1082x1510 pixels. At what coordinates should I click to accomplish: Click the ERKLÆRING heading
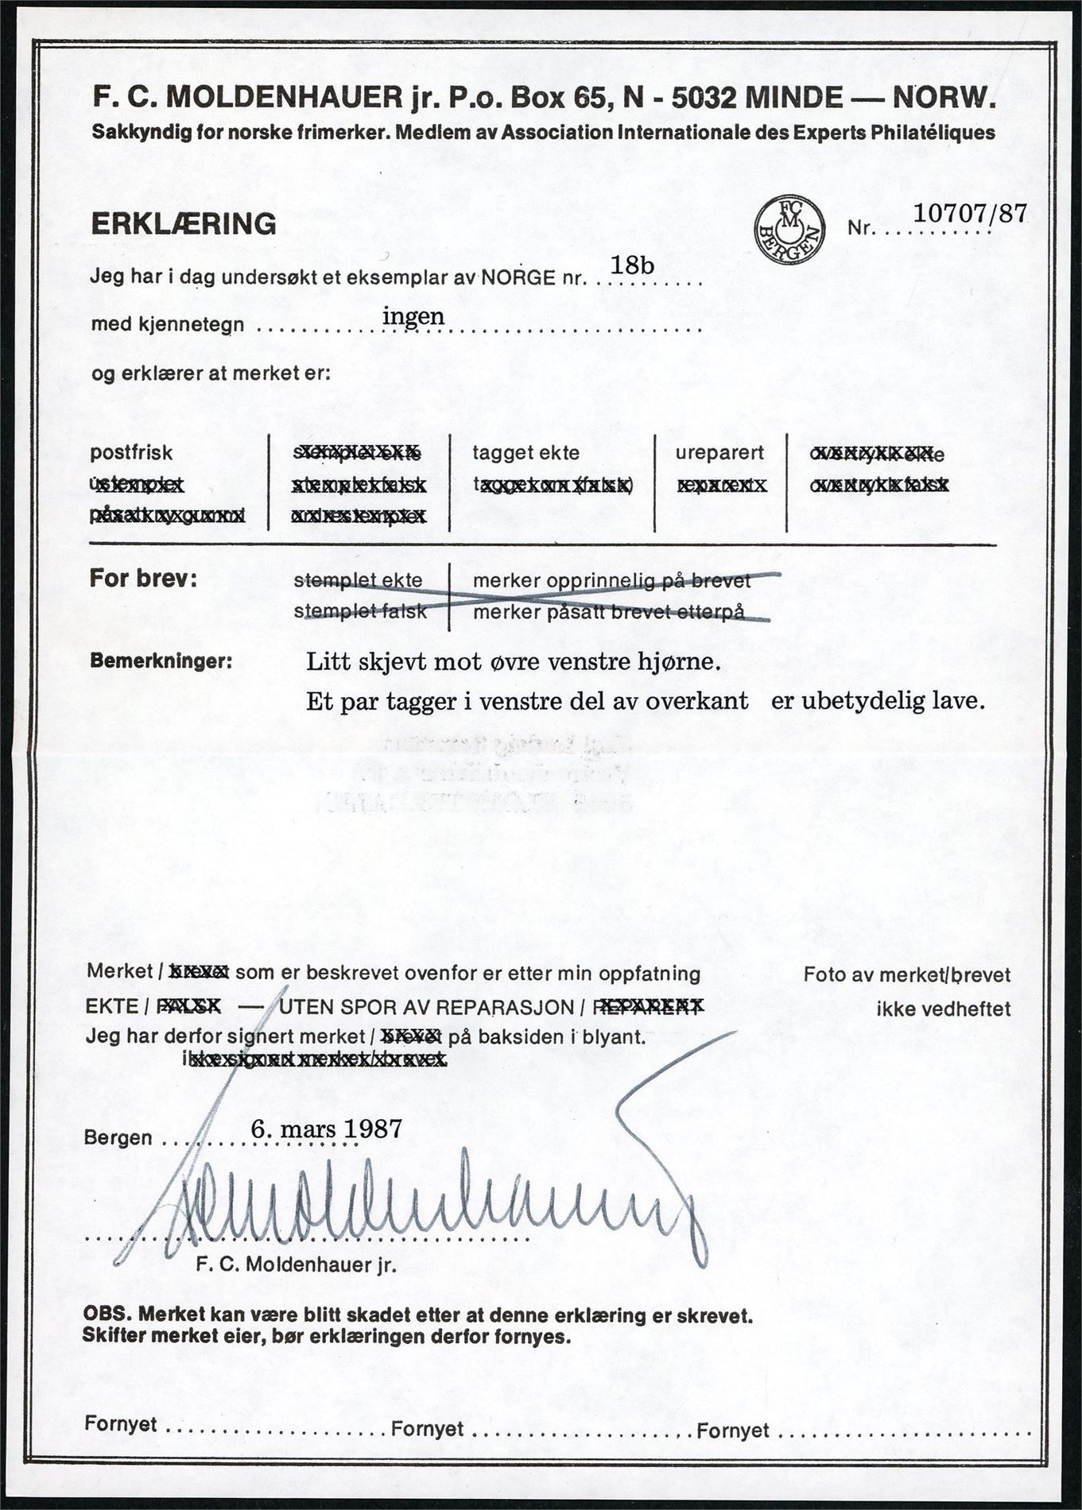[184, 224]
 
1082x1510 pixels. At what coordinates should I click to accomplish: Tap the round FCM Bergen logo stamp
[789, 227]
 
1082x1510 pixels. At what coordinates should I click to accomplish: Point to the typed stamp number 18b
[632, 265]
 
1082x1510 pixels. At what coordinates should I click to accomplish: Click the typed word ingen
[413, 316]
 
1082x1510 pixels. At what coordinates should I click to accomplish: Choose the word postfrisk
[131, 453]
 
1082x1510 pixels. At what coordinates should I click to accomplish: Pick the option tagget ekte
[526, 453]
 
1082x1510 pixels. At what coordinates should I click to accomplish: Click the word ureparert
[719, 453]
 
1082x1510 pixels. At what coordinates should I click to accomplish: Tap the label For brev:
[143, 579]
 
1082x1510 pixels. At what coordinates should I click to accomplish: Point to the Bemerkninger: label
[161, 660]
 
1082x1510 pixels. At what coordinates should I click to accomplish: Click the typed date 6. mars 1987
[326, 1129]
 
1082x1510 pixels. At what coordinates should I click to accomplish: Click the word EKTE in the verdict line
[112, 1007]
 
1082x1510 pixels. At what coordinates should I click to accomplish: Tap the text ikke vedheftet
[943, 1009]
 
